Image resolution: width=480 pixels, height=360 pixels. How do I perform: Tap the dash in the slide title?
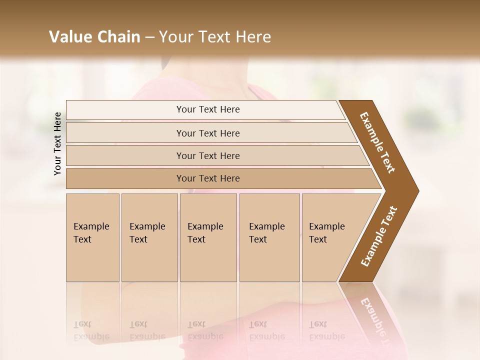(149, 37)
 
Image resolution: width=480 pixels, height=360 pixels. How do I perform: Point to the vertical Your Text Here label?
(57, 144)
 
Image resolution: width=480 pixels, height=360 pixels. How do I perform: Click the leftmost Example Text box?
(92, 237)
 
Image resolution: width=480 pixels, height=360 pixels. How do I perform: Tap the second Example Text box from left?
(149, 237)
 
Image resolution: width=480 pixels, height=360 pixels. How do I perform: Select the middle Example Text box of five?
(208, 237)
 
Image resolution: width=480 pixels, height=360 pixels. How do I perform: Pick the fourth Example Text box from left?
(269, 237)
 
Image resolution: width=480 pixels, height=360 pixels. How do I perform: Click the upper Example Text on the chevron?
(378, 142)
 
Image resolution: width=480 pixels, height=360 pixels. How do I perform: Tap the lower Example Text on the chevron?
(379, 236)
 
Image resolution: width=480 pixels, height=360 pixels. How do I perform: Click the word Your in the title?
(175, 37)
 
